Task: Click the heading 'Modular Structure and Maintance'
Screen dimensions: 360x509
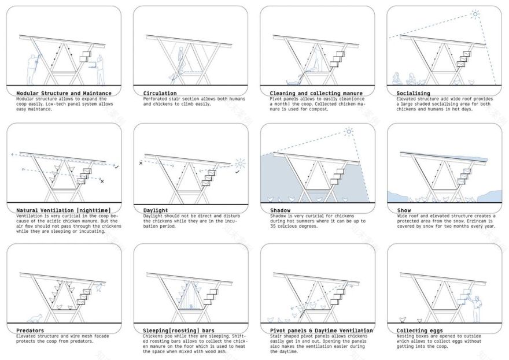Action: pos(64,93)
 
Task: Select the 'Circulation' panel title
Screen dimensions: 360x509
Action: pos(160,93)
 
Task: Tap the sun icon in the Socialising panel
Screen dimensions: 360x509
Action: pos(475,14)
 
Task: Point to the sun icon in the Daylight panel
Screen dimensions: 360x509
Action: pos(241,164)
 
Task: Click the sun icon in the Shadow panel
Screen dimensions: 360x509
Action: pos(349,132)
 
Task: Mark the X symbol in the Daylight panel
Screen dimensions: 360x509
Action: pos(141,164)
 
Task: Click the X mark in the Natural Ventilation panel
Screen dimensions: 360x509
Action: pos(102,182)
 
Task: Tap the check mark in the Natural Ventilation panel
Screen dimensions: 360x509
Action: pos(117,167)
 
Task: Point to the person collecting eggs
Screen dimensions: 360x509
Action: pos(477,309)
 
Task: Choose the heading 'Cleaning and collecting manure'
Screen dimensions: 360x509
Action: pos(316,93)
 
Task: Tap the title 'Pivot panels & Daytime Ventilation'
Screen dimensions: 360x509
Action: pos(321,331)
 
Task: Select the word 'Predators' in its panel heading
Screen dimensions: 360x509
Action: pos(30,331)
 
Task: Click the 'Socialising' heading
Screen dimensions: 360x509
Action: pos(414,93)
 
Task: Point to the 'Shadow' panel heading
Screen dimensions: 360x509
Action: pos(281,210)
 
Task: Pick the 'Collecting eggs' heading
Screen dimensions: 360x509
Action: pos(420,331)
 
